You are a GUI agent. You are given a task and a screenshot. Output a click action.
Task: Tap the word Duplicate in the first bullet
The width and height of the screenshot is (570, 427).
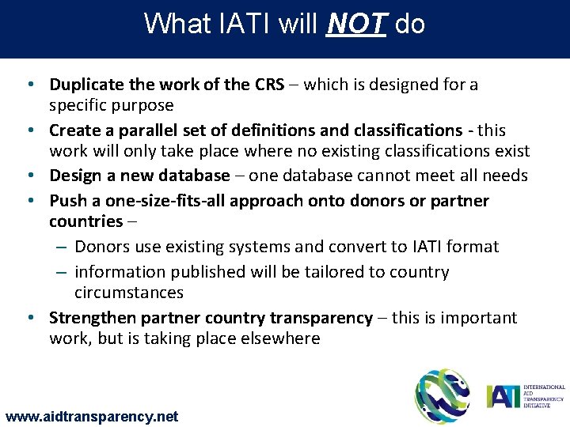86,85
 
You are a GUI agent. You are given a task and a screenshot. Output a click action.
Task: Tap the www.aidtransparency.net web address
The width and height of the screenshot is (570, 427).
92,416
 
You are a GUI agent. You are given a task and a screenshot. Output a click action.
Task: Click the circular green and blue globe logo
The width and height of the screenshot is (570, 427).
442,396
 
